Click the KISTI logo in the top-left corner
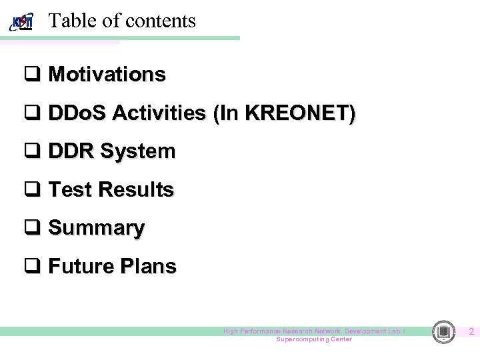(x=22, y=22)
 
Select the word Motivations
(x=107, y=74)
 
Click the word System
(x=137, y=152)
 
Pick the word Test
(x=70, y=190)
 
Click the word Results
(x=136, y=190)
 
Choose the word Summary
(x=96, y=229)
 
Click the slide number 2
(x=471, y=331)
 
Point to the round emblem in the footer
(x=443, y=331)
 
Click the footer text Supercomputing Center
(x=314, y=339)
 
